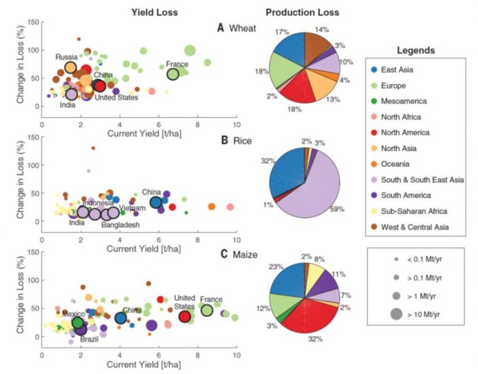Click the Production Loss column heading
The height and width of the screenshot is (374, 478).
point(302,12)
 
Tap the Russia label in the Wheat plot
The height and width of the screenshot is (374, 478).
point(66,57)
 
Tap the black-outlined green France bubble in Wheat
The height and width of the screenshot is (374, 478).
point(173,74)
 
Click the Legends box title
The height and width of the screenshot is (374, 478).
point(416,50)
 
